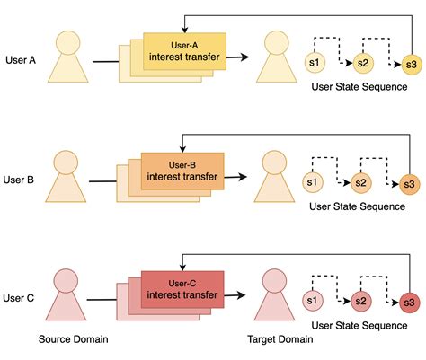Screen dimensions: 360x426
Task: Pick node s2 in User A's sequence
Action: (x=362, y=63)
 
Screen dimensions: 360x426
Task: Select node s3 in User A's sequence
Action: (x=411, y=64)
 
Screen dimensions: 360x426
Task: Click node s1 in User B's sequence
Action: (x=313, y=182)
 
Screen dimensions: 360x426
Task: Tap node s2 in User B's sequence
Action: (x=361, y=182)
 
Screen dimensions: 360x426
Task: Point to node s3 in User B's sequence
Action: (x=410, y=183)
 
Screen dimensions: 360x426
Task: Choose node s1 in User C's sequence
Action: (x=313, y=300)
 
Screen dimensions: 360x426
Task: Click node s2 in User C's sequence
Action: (x=361, y=300)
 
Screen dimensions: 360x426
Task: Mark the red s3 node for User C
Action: (x=410, y=301)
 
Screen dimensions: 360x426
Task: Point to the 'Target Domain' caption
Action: (x=280, y=340)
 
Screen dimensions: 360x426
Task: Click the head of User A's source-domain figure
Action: (x=71, y=42)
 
